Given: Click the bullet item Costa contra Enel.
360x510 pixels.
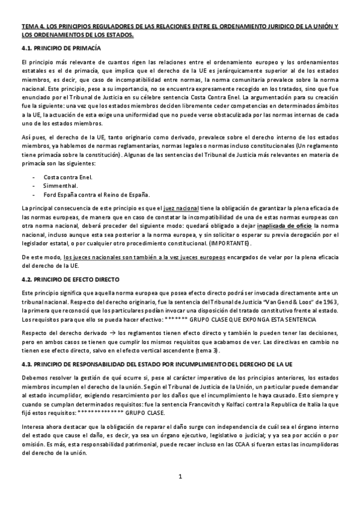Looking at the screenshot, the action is (68, 177).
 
